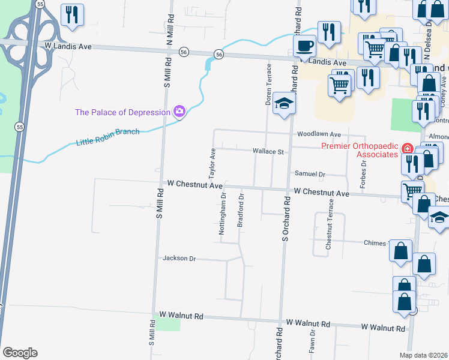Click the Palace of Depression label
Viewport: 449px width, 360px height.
(x=122, y=112)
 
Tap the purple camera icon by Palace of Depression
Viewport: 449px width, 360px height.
(x=179, y=112)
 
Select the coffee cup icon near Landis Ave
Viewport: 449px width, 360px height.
(x=305, y=46)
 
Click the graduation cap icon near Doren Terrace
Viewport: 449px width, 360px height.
(x=285, y=104)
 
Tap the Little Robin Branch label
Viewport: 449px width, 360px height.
(x=108, y=137)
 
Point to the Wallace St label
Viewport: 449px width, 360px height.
(x=268, y=152)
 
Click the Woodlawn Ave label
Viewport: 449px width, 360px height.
(x=318, y=134)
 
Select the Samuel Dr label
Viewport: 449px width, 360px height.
(x=310, y=174)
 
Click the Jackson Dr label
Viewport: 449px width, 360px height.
(x=179, y=259)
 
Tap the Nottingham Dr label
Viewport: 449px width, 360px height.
(x=223, y=214)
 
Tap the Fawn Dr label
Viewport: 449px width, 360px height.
(x=313, y=341)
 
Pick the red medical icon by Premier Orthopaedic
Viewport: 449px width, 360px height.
(x=407, y=148)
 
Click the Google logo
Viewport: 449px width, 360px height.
(x=20, y=353)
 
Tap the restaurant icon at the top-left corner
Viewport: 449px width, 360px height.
(x=73, y=15)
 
